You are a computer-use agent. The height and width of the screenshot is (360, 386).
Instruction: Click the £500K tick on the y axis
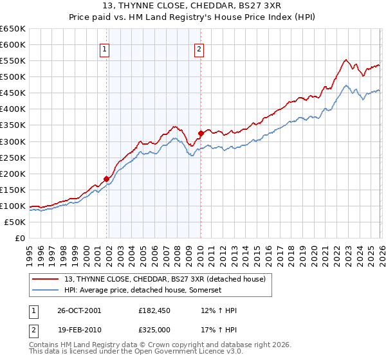pyautogui.click(x=14, y=77)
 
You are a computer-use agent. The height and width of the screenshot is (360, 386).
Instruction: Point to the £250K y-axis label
pyautogui.click(x=14, y=157)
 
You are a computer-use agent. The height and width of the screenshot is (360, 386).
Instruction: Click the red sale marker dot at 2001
pyautogui.click(x=107, y=179)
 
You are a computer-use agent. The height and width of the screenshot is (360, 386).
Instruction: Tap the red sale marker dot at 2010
pyautogui.click(x=201, y=133)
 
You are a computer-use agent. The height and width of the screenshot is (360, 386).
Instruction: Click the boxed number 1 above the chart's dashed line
pyautogui.click(x=104, y=48)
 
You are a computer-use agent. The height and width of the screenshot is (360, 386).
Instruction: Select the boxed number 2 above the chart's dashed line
pyautogui.click(x=199, y=48)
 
